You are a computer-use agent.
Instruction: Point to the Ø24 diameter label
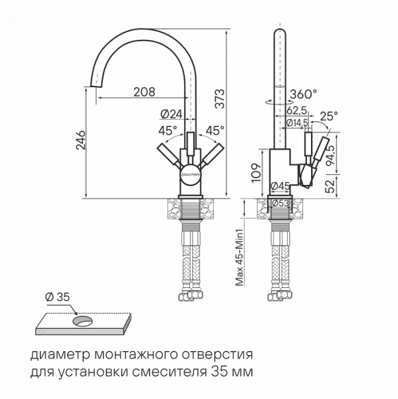coord(171,114)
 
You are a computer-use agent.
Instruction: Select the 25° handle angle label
coord(328,116)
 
